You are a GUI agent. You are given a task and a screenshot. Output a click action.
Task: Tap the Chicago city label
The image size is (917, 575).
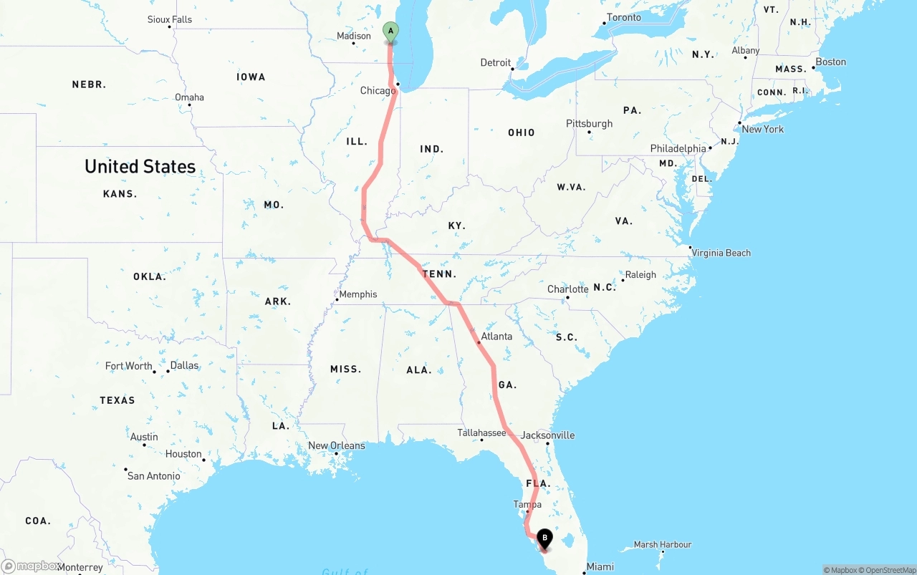pos(378,91)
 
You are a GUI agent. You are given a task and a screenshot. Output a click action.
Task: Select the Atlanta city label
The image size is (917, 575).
pos(496,337)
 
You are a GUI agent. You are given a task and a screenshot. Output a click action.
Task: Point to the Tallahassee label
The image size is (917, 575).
pos(481,433)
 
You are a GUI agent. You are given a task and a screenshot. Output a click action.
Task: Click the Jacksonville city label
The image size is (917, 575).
pos(547,435)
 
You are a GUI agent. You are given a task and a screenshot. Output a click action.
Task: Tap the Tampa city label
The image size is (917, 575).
pos(527,505)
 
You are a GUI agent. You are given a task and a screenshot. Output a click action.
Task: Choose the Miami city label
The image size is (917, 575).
pos(600,567)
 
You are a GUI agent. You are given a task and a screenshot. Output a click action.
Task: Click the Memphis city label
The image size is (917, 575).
pos(357,294)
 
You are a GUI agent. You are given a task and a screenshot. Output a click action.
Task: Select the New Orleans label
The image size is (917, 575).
pos(336,446)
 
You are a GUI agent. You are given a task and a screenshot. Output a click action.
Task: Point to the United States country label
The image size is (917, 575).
pos(140,167)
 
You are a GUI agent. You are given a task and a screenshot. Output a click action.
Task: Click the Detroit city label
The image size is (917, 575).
pos(495,63)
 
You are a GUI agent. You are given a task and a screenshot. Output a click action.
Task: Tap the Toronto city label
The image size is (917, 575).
pos(624,17)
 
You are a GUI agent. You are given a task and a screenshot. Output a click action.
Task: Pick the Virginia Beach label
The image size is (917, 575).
pos(721,253)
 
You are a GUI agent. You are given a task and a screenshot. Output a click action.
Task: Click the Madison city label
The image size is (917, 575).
pos(354,37)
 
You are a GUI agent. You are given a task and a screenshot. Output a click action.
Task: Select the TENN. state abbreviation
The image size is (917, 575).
pos(438,274)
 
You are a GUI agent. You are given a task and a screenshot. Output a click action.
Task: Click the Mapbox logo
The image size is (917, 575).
pos(30,566)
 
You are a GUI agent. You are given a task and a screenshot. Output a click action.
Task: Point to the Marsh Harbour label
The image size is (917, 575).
pos(663,545)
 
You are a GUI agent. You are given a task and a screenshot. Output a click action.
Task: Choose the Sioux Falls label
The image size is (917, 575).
pos(170,19)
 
